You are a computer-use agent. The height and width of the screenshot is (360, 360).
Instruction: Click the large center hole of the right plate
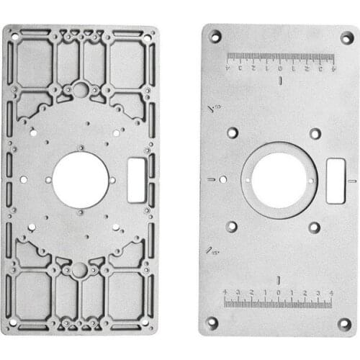279,179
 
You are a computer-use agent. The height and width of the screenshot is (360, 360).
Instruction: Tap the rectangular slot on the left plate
136,180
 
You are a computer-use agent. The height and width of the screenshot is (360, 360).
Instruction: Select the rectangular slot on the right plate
335,180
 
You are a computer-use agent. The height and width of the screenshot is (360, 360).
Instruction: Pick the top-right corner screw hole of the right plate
346,37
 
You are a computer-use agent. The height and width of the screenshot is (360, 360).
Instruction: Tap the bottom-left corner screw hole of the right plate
212,323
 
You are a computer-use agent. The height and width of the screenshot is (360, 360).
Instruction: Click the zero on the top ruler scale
280,69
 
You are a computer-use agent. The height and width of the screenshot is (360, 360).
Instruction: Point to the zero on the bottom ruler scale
279,292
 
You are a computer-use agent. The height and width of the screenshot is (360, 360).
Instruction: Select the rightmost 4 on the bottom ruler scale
331,292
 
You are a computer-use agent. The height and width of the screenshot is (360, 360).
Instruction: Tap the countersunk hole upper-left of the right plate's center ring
233,133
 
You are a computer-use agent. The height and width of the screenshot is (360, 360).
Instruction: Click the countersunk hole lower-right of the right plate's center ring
315,227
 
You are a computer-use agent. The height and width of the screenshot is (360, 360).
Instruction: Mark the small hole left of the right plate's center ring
223,179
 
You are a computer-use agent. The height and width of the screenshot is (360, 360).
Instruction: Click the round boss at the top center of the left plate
80,89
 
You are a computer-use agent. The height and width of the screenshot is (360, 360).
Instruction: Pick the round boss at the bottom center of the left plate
79,270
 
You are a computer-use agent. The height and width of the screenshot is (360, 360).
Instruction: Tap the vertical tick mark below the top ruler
280,81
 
